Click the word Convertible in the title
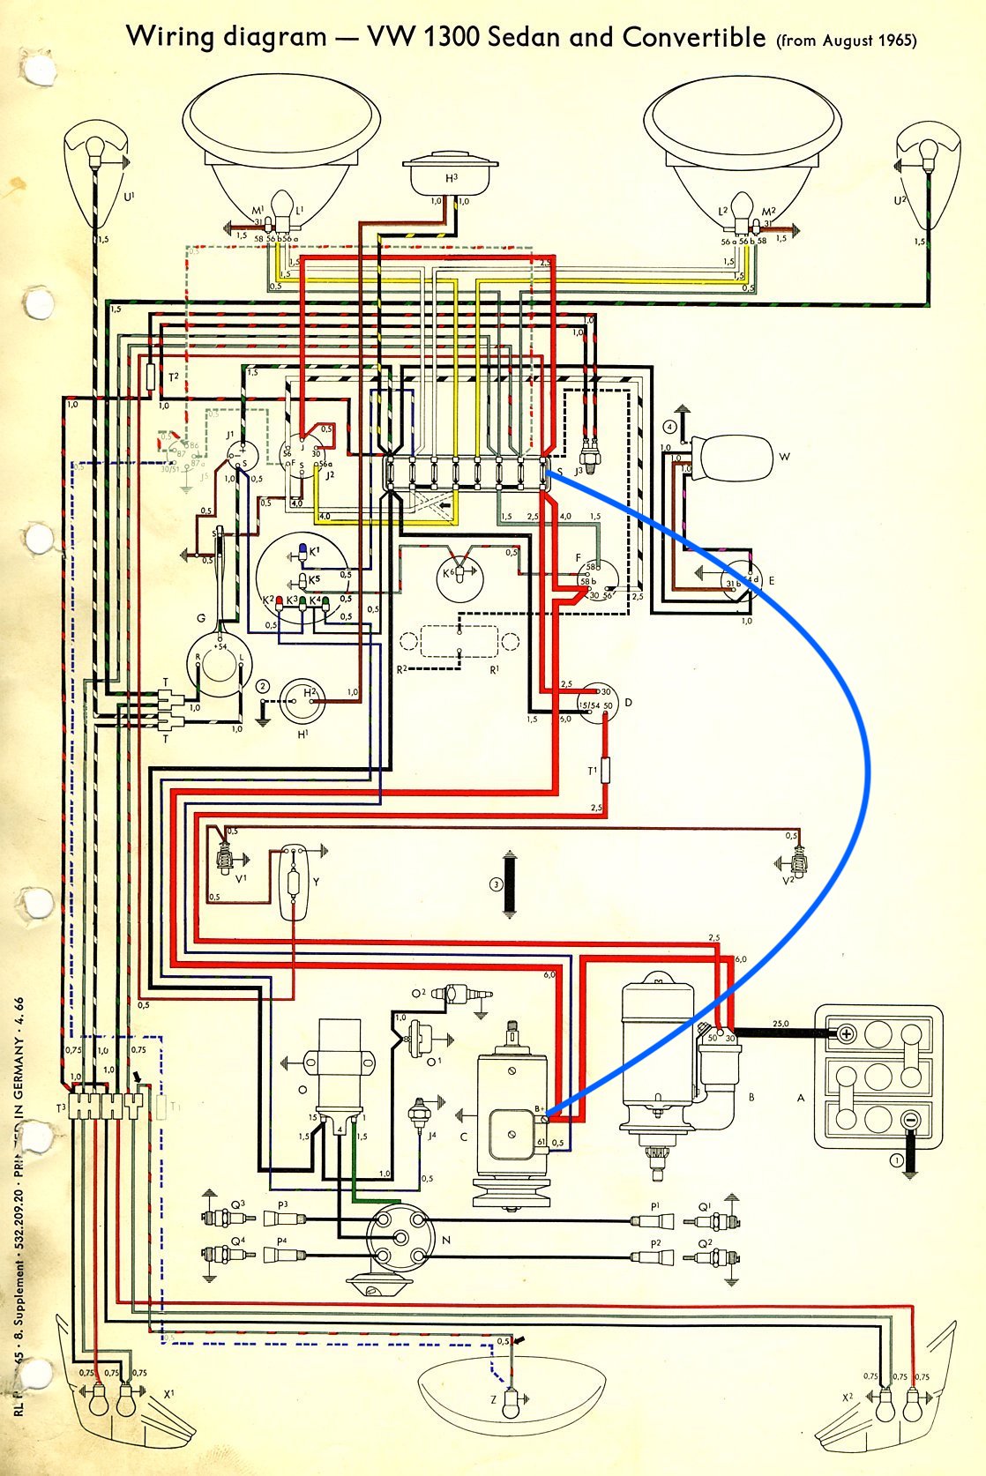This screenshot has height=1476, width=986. pyautogui.click(x=693, y=37)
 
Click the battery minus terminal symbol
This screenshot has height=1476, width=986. pyautogui.click(x=910, y=1119)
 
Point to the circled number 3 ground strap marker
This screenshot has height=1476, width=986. pyautogui.click(x=497, y=884)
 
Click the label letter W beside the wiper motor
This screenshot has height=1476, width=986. pyautogui.click(x=784, y=457)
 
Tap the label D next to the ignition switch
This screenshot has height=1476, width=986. pyautogui.click(x=628, y=703)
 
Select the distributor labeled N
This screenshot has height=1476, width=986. pyautogui.click(x=396, y=1229)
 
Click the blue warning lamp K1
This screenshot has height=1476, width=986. pyautogui.click(x=303, y=551)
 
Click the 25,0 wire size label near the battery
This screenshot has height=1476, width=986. pyautogui.click(x=780, y=1024)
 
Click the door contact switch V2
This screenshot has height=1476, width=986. pyautogui.click(x=798, y=857)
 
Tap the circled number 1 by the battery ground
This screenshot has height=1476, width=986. pyautogui.click(x=896, y=1160)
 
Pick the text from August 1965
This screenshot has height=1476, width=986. pyautogui.click(x=847, y=41)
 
